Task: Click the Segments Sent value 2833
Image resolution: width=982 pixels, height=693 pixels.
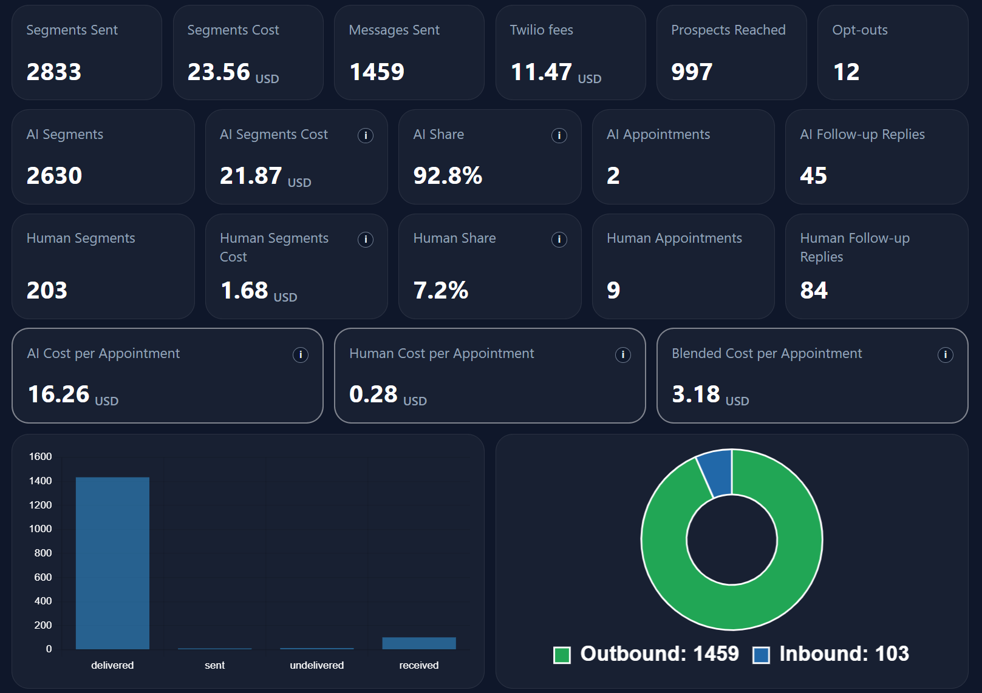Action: [53, 72]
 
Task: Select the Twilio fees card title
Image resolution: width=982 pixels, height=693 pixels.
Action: [541, 30]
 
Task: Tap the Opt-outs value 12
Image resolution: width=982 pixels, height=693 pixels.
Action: [846, 72]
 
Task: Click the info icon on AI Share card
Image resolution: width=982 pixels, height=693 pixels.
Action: [559, 135]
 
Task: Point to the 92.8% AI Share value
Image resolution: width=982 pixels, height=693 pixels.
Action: [448, 176]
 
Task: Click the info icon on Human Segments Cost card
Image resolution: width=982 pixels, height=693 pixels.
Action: [366, 240]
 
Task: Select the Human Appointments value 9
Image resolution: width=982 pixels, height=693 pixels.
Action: [613, 291]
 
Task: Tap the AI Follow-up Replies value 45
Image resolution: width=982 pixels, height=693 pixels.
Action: [813, 176]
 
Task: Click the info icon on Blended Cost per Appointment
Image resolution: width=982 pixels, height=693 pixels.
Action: [945, 355]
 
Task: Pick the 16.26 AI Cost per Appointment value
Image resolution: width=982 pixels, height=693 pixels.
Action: [59, 394]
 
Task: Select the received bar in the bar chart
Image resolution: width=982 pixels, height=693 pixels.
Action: [419, 643]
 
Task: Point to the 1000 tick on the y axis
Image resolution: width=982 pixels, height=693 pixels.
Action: [41, 529]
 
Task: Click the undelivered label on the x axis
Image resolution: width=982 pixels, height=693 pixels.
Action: [316, 665]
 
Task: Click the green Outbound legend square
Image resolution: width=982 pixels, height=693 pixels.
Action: [562, 655]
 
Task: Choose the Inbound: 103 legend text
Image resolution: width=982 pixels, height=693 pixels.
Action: [844, 654]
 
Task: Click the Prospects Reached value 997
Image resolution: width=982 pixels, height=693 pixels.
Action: [691, 72]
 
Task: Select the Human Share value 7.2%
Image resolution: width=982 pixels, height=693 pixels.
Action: [440, 291]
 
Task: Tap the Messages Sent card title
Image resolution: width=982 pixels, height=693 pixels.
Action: [394, 30]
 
